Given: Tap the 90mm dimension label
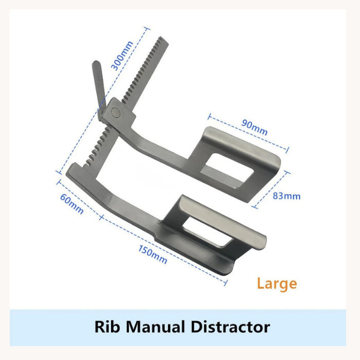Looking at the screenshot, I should (255, 127).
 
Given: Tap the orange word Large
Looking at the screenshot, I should (277, 283).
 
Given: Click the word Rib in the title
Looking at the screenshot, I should (106, 327).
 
